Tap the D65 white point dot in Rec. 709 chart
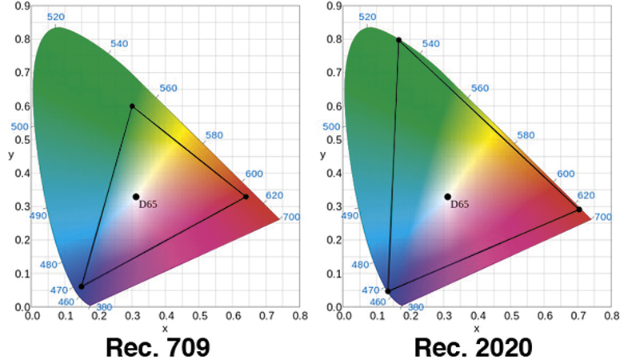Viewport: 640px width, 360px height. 136,197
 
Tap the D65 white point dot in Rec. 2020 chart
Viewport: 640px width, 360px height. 447,197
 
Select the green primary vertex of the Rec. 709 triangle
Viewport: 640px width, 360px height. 132,106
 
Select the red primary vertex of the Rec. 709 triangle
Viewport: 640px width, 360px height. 246,197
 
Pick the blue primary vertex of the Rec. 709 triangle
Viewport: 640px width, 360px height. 82,286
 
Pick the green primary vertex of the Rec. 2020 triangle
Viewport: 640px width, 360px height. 398,39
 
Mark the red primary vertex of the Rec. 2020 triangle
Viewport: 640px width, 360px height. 579,210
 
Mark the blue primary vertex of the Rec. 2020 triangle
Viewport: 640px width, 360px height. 388,291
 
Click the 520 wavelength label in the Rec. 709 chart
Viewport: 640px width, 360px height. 56,17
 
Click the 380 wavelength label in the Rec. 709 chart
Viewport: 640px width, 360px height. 103,307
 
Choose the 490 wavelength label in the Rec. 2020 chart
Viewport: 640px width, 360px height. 350,216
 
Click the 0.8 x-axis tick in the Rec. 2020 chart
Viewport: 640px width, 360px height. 612,316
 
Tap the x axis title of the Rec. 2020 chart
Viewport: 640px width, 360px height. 478,328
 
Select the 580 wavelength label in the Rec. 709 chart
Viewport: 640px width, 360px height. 215,136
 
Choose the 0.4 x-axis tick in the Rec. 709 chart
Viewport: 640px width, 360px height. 166,316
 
